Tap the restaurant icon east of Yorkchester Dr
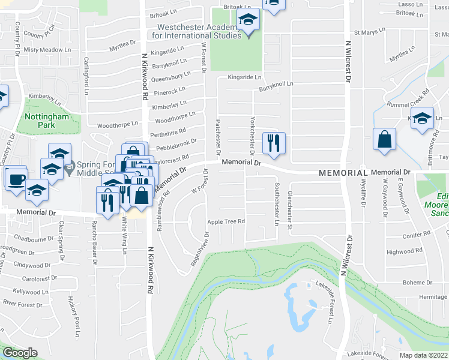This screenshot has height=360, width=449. [273, 143]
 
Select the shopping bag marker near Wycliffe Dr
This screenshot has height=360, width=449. [384, 140]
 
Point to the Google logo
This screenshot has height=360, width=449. [19, 352]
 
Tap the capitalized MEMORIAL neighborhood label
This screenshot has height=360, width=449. [339, 172]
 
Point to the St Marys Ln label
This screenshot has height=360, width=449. [368, 32]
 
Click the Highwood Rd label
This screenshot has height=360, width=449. [400, 252]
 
